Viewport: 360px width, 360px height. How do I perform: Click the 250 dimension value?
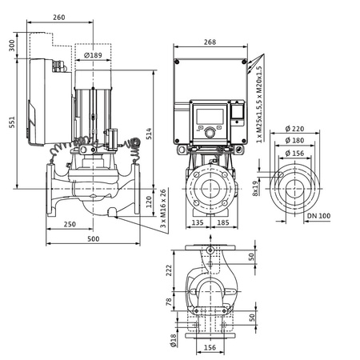point(70,225)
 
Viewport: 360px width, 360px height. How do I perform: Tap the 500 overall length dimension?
point(94,239)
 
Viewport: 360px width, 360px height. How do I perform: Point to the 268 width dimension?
point(210,42)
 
